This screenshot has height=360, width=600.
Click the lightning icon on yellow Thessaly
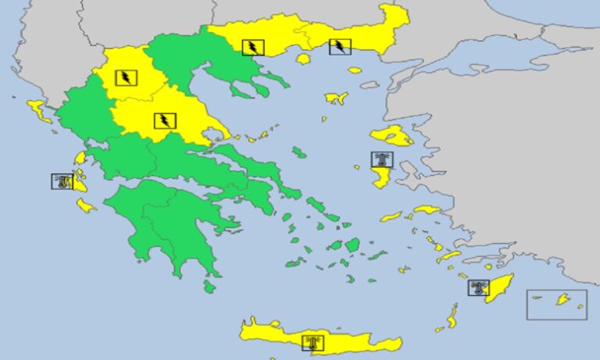(x=165, y=120)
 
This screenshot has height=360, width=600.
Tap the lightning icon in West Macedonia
(x=126, y=77)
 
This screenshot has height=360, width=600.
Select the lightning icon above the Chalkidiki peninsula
(x=253, y=47)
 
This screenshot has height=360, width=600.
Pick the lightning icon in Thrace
(x=340, y=46)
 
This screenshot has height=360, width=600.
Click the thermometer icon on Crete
(x=313, y=342)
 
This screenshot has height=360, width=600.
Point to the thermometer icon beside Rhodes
(x=479, y=287)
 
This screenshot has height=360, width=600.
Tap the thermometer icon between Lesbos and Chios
(x=382, y=159)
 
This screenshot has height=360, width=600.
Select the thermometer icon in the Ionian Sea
(x=62, y=182)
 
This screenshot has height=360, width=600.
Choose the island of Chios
(x=380, y=177)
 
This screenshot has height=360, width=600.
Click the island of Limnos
(x=336, y=98)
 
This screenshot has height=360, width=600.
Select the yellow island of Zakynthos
(x=85, y=205)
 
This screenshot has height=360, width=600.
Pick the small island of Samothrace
(x=355, y=70)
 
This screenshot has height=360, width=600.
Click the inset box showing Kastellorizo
(x=557, y=304)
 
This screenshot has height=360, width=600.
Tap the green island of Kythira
(x=209, y=287)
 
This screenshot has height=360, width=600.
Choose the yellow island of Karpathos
(x=452, y=315)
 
